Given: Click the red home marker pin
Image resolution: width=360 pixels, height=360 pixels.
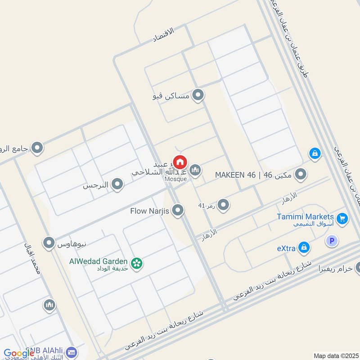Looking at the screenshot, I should [x=180, y=162].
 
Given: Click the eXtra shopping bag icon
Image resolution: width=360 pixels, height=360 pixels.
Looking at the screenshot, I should [x=305, y=247].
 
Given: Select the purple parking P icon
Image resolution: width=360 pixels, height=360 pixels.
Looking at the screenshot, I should [x=332, y=241].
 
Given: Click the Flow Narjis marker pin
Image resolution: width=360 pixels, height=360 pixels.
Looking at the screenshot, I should [x=178, y=210].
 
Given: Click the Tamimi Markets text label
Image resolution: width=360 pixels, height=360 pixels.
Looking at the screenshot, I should [x=305, y=216].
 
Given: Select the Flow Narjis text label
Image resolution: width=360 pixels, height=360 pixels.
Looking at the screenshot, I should [x=149, y=210].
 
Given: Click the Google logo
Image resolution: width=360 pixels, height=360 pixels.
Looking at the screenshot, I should [x=19, y=353].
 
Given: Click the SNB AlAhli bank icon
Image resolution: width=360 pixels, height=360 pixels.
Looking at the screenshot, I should [x=71, y=352].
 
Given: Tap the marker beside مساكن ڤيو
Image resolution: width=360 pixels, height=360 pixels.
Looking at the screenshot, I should [x=198, y=95].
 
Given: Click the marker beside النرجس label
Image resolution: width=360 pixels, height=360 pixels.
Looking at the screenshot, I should [x=117, y=184].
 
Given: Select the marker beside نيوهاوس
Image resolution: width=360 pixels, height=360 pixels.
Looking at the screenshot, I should [x=49, y=243].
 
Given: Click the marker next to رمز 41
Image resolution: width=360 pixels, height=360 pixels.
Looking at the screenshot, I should [x=223, y=205].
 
